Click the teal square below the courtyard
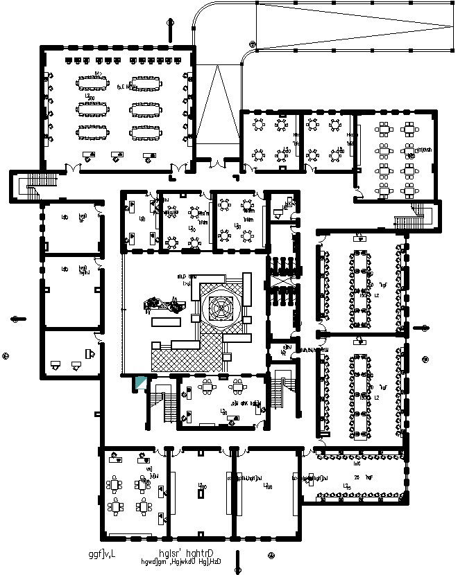tap(140, 382)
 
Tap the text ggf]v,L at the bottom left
tap(102, 554)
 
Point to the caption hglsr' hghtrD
tap(185, 554)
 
